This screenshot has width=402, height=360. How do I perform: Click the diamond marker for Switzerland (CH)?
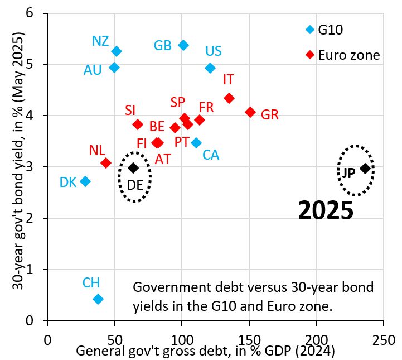(98, 299)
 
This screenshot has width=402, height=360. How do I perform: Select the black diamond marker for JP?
(365, 169)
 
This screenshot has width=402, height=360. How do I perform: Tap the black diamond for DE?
(133, 168)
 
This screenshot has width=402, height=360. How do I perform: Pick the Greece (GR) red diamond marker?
(250, 112)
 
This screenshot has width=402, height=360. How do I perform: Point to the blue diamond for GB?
(183, 45)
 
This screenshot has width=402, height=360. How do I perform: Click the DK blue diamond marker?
(85, 181)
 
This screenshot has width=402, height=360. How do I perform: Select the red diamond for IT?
(229, 98)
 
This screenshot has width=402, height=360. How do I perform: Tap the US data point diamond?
(210, 68)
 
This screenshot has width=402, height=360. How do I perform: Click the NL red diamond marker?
(106, 163)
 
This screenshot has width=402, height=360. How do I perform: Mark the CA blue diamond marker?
(196, 143)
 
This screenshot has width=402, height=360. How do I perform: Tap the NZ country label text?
(100, 41)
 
